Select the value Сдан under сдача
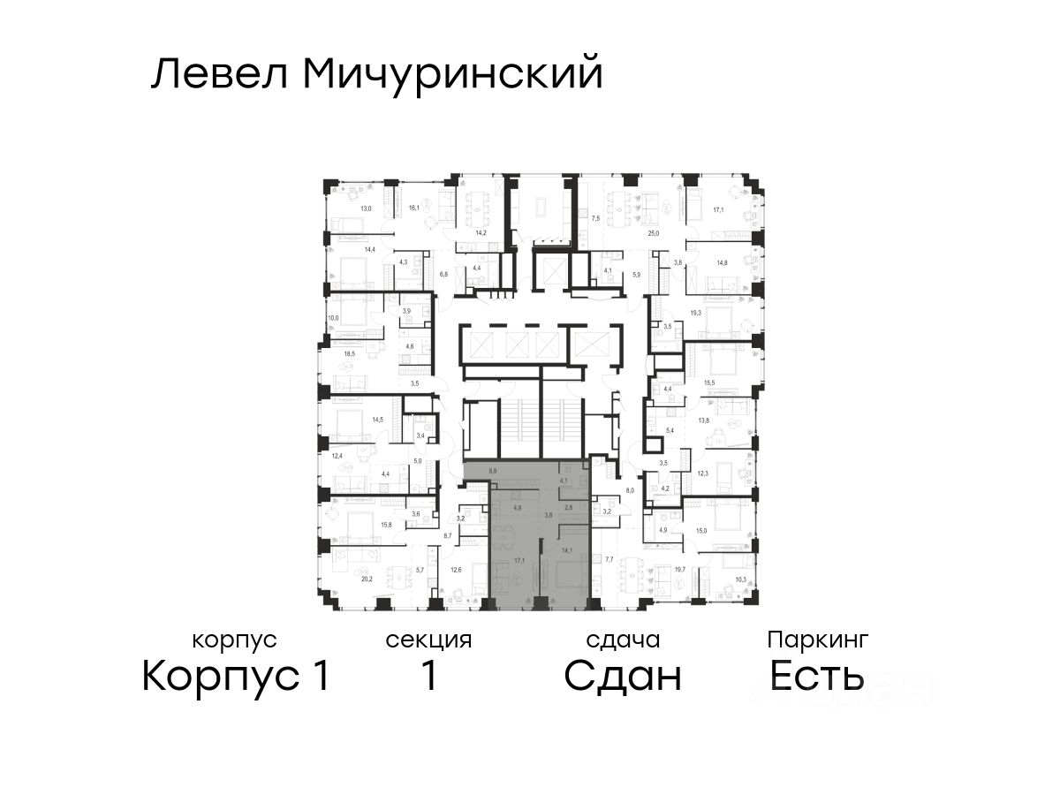point(623,677)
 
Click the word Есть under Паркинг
point(816,677)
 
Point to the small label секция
point(428,640)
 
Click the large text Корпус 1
point(236,677)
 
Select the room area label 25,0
point(654,233)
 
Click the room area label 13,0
point(364,209)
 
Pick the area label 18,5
point(350,354)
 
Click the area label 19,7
point(680,570)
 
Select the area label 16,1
point(413,208)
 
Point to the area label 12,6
point(456,570)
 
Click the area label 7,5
point(596,217)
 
